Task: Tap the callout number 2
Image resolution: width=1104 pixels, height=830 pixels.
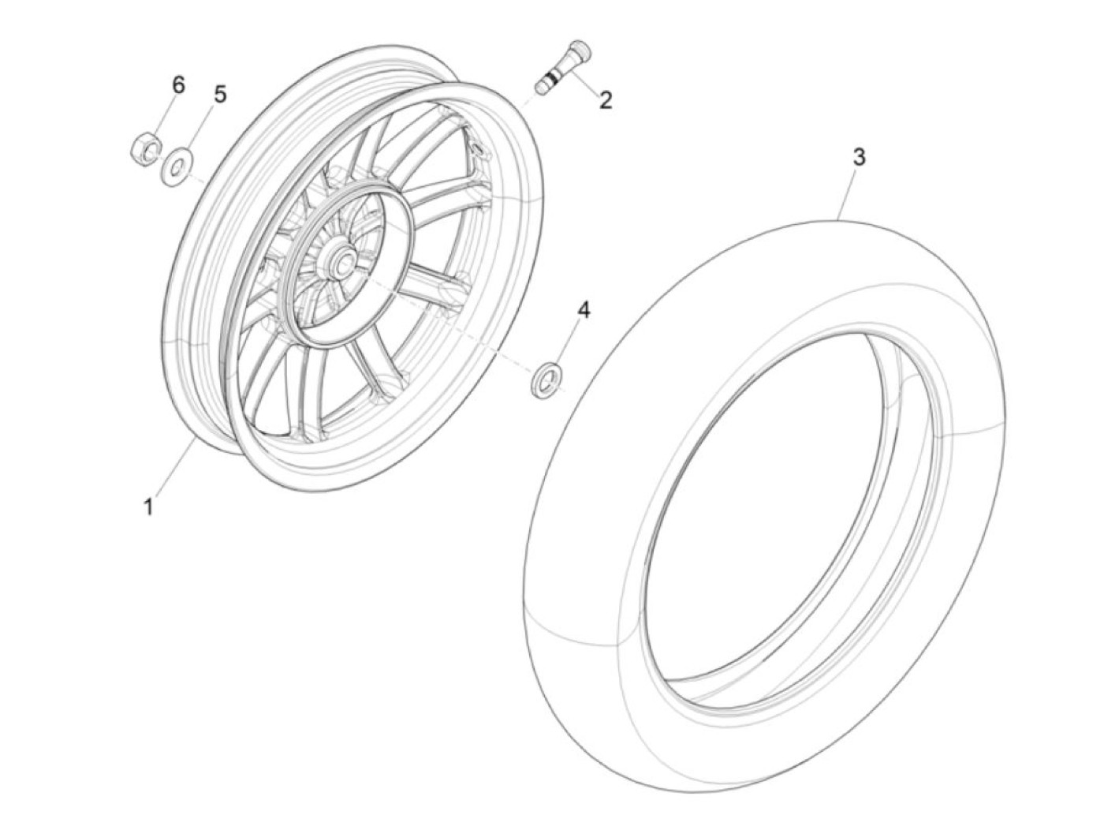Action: [x=606, y=101]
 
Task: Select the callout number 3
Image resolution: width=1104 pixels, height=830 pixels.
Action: [x=859, y=158]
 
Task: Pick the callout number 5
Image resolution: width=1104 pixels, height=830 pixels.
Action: [x=220, y=94]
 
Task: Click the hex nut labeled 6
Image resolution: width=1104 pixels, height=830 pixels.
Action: [x=147, y=148]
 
